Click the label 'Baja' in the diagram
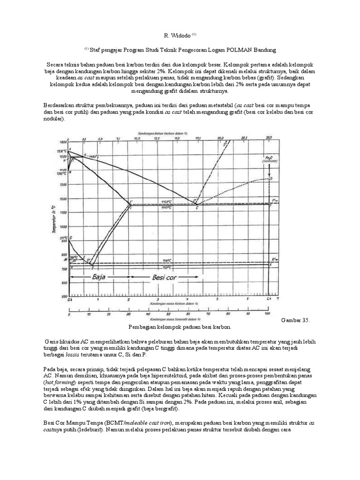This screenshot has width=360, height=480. tap(98, 277)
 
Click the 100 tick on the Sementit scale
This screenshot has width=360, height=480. tap(267, 314)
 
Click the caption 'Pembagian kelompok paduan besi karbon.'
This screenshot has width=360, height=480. tap(180, 326)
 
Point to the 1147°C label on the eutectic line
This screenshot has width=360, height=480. tap(166, 207)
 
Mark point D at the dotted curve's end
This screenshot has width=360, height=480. tap(270, 179)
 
